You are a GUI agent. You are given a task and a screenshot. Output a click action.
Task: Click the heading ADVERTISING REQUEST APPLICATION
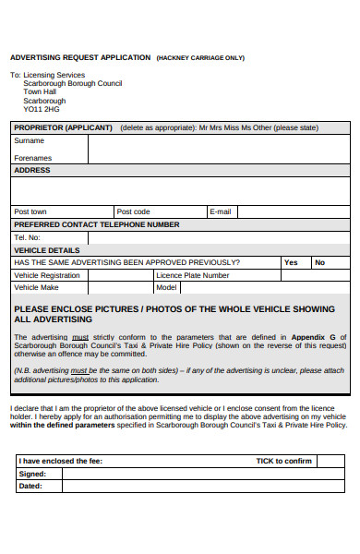(x=79, y=57)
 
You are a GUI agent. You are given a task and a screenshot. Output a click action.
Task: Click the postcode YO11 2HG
(x=42, y=107)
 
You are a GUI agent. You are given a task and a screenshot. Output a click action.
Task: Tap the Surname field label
(x=29, y=141)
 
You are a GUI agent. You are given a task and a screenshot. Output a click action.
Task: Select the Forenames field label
(x=33, y=158)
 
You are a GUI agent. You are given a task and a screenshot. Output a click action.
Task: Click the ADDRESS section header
(x=32, y=171)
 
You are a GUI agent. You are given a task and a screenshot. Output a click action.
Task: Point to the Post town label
(x=30, y=211)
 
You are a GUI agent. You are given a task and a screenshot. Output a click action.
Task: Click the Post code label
(x=133, y=211)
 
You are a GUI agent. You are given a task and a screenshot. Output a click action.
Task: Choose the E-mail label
(x=221, y=211)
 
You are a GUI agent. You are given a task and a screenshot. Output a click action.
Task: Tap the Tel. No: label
(x=28, y=237)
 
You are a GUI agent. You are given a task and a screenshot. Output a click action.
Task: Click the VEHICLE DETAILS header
(x=47, y=250)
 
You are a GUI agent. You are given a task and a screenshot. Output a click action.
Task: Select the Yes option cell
(x=291, y=262)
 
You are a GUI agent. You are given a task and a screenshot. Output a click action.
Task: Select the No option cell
(x=319, y=262)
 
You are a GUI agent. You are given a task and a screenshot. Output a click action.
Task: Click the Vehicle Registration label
(x=47, y=275)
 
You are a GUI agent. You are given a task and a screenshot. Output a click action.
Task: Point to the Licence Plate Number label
(x=193, y=275)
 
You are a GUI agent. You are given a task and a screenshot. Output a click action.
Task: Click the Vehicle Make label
(x=36, y=287)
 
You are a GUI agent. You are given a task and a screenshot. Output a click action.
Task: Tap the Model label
(x=167, y=287)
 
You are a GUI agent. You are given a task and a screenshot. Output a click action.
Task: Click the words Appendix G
(x=314, y=337)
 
